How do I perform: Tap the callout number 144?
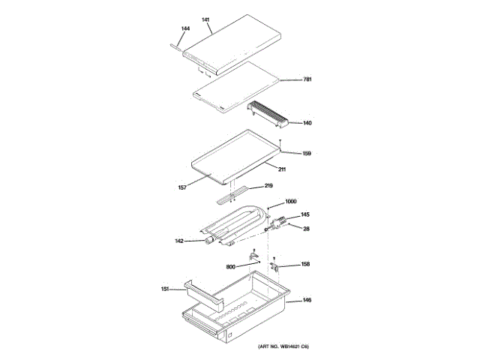point(185,28)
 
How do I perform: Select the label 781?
point(307,79)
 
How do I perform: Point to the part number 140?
point(307,123)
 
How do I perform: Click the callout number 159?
point(307,154)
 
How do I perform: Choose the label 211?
point(282,169)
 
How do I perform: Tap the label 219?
point(268,185)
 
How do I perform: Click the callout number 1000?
point(291,202)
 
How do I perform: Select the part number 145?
point(305,215)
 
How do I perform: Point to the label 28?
point(306,229)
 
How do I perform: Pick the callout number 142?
point(179,241)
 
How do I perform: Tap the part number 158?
point(306,264)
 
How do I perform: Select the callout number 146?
point(307,301)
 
